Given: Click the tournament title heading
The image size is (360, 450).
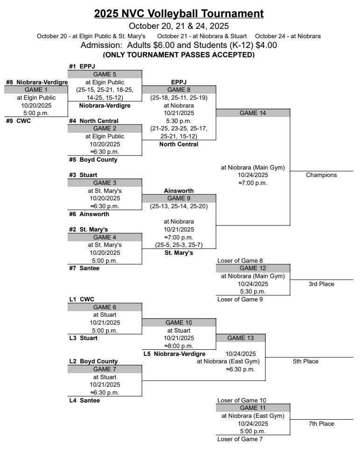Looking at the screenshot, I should coord(179,14).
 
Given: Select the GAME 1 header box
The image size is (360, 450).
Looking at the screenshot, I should coord(36,90).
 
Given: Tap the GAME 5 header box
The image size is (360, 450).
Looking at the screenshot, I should coord(105,74).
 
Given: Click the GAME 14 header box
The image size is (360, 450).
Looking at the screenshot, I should coord(253,113).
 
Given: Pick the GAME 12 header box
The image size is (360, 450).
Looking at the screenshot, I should coord(253,268).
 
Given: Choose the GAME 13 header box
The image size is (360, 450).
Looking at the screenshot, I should coord(241,338).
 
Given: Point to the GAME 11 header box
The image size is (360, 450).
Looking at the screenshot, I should coord(253,408).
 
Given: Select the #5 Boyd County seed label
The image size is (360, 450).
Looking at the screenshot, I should coord(93,160).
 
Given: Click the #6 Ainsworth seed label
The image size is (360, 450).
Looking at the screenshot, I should coord(89,214).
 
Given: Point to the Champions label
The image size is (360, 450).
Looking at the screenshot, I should coord(321,175).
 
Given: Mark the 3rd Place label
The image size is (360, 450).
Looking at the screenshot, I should coord(321,284).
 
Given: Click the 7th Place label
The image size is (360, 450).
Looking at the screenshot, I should coord(321,423).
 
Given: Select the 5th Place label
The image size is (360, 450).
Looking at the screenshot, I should coord(305,361).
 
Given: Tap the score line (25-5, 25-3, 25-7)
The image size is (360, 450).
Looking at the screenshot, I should coord(179,245).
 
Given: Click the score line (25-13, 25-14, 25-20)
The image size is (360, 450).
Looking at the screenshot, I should coord(179,206).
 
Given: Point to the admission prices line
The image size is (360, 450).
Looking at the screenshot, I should coord(179,45).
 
